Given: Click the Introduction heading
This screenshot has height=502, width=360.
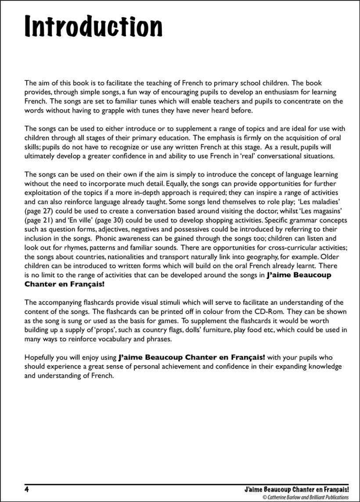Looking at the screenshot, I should point(94,27).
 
